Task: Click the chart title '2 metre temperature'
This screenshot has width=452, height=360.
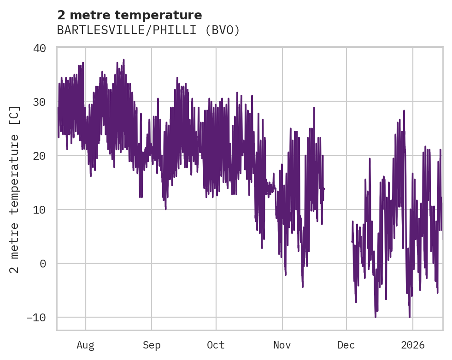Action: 129,15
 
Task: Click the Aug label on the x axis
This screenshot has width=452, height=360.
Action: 86,345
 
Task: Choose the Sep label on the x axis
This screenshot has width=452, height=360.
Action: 151,345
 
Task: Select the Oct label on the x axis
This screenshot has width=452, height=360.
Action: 216,345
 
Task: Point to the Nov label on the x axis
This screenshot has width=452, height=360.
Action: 282,345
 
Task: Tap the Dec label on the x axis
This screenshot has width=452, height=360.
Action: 346,345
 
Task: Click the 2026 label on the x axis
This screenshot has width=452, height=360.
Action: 413,345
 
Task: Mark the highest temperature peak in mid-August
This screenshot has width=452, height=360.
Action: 123,59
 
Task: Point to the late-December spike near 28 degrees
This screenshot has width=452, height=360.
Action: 404,111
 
